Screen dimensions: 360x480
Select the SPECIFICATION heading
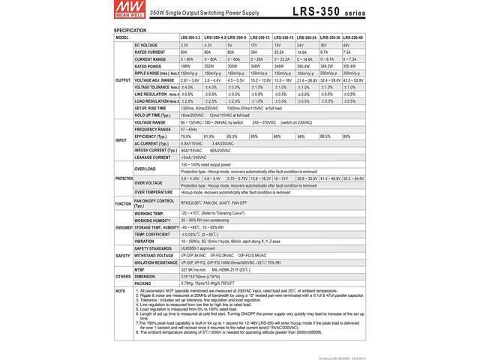(130, 30)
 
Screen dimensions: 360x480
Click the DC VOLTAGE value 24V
(301, 45)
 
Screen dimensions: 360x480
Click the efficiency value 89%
(346, 136)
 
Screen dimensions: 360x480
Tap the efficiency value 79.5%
(187, 136)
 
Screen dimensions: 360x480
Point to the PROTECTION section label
(124, 178)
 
